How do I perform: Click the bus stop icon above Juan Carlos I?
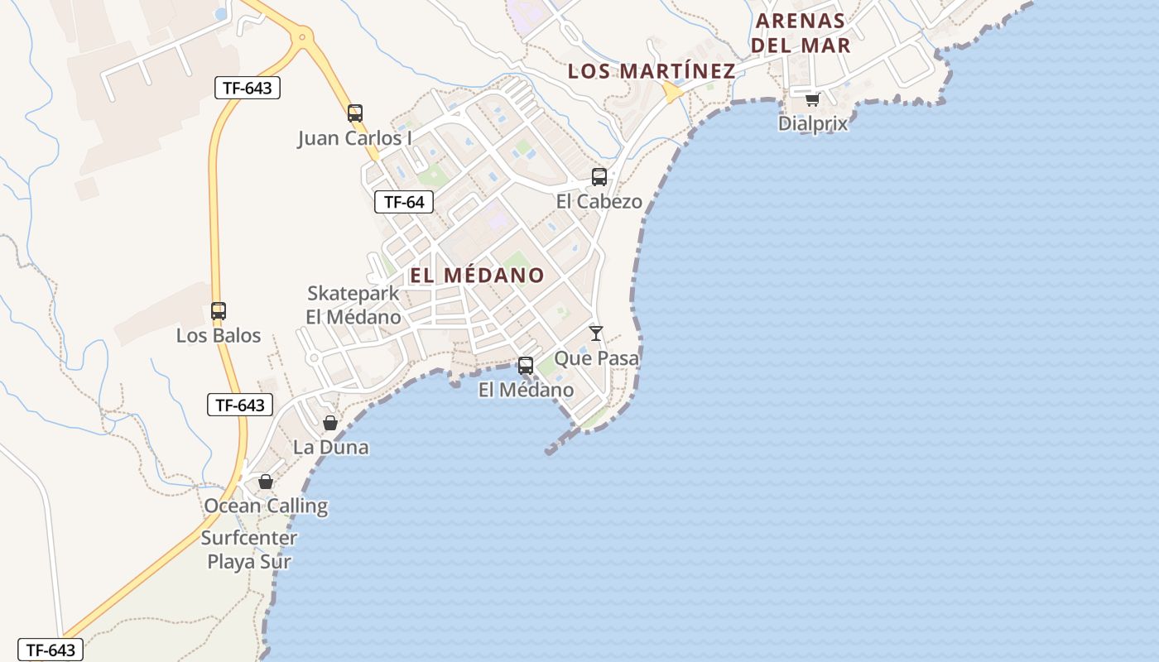(x=355, y=113)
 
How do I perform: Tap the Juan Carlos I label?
(x=354, y=138)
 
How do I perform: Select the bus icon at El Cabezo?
(x=599, y=177)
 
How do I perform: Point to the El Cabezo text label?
(x=599, y=201)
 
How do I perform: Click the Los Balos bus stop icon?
(x=219, y=311)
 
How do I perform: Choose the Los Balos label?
(x=219, y=336)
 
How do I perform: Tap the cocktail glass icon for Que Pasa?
(x=596, y=333)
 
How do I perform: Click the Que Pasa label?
(x=596, y=358)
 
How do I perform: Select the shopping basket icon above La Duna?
(x=330, y=424)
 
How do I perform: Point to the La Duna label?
(x=330, y=448)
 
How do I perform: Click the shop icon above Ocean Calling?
(x=266, y=482)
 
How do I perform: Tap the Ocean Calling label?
(x=266, y=506)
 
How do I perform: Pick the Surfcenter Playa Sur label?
(x=249, y=549)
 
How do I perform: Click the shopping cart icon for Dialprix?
(x=813, y=99)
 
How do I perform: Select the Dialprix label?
(x=813, y=123)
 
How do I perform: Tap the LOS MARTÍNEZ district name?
(x=652, y=71)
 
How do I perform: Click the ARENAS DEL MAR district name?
(x=801, y=33)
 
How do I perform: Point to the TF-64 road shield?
(x=404, y=201)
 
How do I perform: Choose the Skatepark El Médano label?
(x=353, y=305)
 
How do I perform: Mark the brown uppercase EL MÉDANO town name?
(x=478, y=275)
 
